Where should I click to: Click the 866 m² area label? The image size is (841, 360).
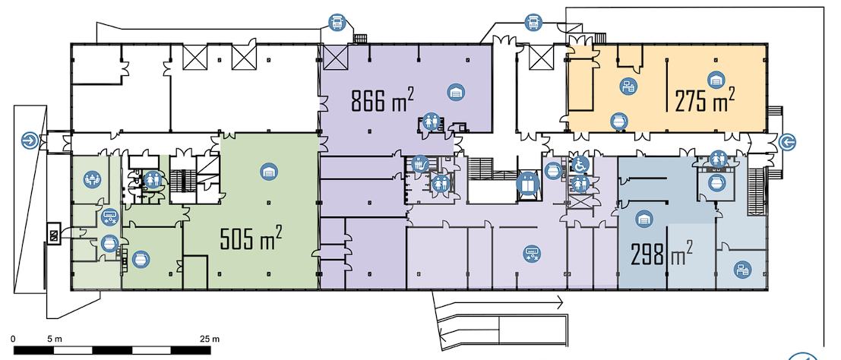pyautogui.click(x=382, y=99)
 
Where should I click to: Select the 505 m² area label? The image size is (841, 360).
pyautogui.click(x=251, y=238)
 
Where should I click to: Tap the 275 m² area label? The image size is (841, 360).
pyautogui.click(x=704, y=99)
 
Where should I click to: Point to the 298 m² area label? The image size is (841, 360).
pyautogui.click(x=661, y=252)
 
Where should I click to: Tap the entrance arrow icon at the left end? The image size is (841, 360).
pyautogui.click(x=30, y=141)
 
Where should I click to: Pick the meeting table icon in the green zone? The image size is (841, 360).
pyautogui.click(x=92, y=179)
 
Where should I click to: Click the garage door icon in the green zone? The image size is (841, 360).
pyautogui.click(x=269, y=172)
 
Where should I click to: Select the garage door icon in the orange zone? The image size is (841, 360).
pyautogui.click(x=716, y=80)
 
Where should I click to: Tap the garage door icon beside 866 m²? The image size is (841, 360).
pyautogui.click(x=456, y=93)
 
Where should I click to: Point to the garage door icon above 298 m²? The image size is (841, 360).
pyautogui.click(x=643, y=219)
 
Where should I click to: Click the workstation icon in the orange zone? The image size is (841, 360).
pyautogui.click(x=628, y=86)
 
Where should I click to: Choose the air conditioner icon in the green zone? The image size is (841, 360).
pyautogui.click(x=110, y=216)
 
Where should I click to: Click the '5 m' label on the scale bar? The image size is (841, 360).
pyautogui.click(x=55, y=339)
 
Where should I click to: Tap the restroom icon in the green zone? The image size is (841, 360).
pyautogui.click(x=153, y=179)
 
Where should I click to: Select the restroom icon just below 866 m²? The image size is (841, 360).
pyautogui.click(x=431, y=122)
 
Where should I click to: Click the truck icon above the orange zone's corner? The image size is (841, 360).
pyautogui.click(x=533, y=23)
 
